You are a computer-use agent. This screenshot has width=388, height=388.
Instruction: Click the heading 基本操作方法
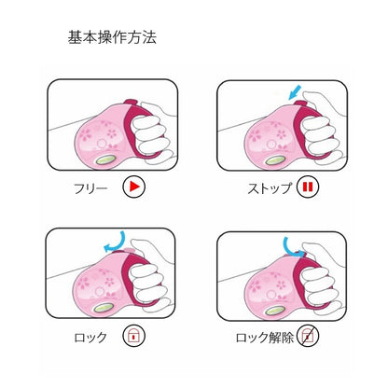(112, 37)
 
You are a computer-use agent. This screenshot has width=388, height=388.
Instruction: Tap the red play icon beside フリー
(133, 187)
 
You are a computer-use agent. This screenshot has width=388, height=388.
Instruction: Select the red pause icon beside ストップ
(308, 187)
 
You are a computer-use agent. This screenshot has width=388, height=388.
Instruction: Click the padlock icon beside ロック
(133, 336)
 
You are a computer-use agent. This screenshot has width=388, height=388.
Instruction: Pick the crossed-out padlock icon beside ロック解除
(308, 336)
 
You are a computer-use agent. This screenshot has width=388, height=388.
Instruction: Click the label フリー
(90, 188)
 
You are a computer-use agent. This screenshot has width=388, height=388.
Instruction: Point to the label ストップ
(270, 188)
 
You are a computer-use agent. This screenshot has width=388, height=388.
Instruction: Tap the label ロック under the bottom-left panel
(90, 338)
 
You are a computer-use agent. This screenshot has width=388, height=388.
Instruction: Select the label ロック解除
(265, 338)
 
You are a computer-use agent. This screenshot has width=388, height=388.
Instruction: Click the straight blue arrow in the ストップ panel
(295, 92)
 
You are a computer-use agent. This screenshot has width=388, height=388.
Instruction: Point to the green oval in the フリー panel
(105, 159)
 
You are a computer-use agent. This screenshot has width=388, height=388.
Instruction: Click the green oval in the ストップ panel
(275, 159)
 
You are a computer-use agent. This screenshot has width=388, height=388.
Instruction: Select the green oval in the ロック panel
(104, 308)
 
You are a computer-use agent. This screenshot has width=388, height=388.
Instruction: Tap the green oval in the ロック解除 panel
(274, 311)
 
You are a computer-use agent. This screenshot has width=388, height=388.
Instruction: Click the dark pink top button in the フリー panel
(131, 102)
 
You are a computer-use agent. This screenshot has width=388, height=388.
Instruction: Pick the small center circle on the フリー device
(101, 144)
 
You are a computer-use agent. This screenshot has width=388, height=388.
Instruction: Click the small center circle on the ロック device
(100, 292)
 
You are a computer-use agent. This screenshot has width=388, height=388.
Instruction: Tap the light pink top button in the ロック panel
(130, 251)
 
